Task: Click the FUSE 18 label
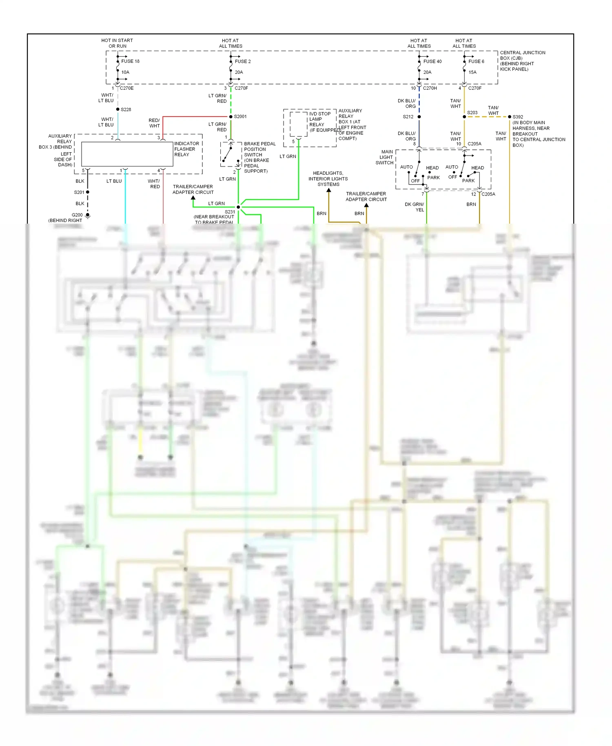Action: pyautogui.click(x=130, y=61)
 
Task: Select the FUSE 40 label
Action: pyautogui.click(x=432, y=61)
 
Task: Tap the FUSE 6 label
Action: pyautogui.click(x=476, y=61)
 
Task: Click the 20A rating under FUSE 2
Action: pyautogui.click(x=239, y=72)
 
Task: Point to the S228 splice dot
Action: pyautogui.click(x=118, y=109)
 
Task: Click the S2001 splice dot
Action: pyautogui.click(x=231, y=117)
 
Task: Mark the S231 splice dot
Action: pyautogui.click(x=238, y=207)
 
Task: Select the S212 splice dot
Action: pyautogui.click(x=419, y=117)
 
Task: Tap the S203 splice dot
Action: pyautogui.click(x=464, y=117)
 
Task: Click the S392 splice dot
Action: pyautogui.click(x=510, y=117)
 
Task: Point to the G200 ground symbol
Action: pyautogui.click(x=88, y=215)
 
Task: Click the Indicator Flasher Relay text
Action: pyautogui.click(x=186, y=149)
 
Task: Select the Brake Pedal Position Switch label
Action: pyautogui.click(x=259, y=157)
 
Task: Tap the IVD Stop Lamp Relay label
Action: pyautogui.click(x=320, y=122)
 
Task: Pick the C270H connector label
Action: pyautogui.click(x=430, y=88)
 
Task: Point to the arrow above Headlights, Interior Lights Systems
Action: pyautogui.click(x=328, y=190)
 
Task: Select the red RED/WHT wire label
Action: pyautogui.click(x=154, y=123)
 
